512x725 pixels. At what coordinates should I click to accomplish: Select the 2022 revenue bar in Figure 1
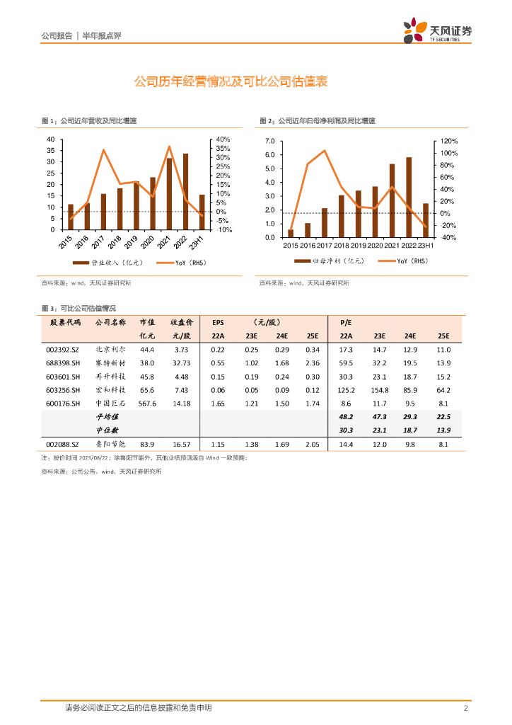[x=186, y=191]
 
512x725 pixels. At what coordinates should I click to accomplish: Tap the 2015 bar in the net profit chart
[x=291, y=233]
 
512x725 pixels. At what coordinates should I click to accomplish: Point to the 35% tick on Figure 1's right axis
[x=223, y=149]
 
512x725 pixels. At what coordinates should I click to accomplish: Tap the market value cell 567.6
[x=147, y=404]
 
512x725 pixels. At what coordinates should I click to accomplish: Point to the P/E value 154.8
[x=380, y=390]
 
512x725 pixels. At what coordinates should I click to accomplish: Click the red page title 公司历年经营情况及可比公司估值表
[x=231, y=82]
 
